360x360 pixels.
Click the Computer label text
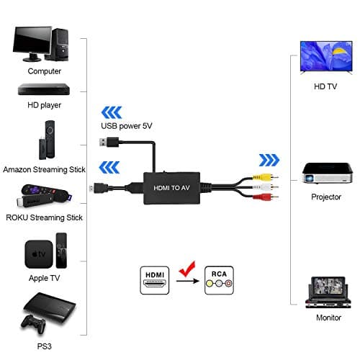click(x=44, y=71)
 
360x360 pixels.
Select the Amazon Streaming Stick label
click(x=44, y=170)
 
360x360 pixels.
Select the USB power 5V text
click(x=126, y=127)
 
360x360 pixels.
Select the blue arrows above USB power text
click(x=111, y=111)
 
